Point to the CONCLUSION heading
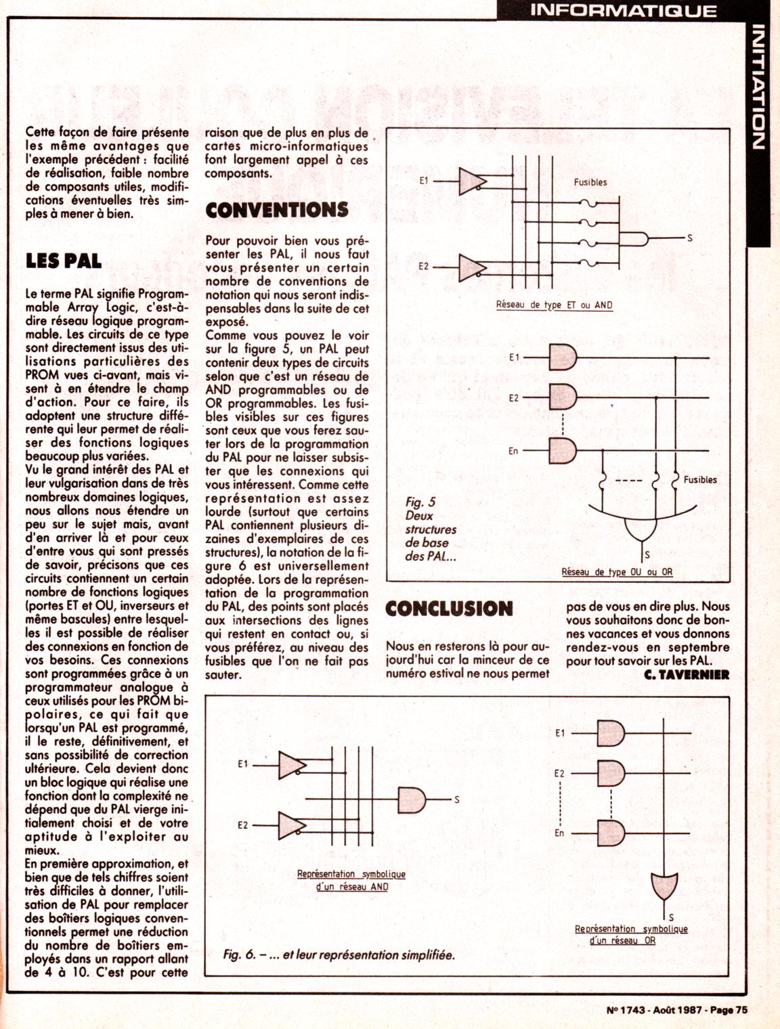tap(448, 608)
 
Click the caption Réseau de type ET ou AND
tap(554, 305)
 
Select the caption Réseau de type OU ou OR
tap(617, 571)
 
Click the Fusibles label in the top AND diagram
tap(590, 181)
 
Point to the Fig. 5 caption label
tap(420, 502)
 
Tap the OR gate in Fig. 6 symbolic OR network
tap(664, 884)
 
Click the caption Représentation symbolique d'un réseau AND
tap(351, 880)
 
